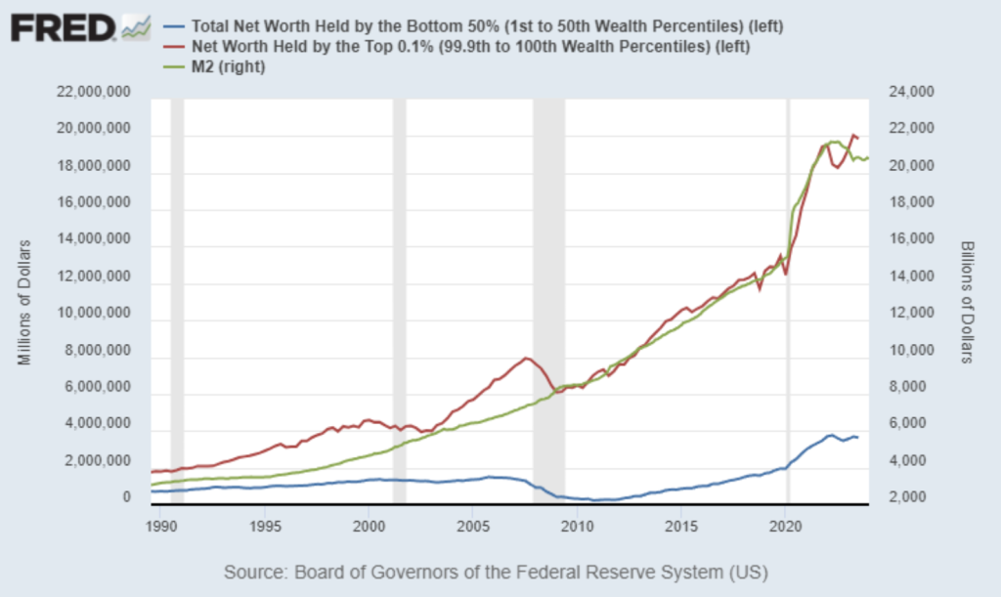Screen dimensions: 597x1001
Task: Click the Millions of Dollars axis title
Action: click(24, 301)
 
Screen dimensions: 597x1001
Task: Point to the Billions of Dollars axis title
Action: click(966, 301)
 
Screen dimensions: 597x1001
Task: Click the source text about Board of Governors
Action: click(496, 571)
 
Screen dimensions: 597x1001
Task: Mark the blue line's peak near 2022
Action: click(830, 435)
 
